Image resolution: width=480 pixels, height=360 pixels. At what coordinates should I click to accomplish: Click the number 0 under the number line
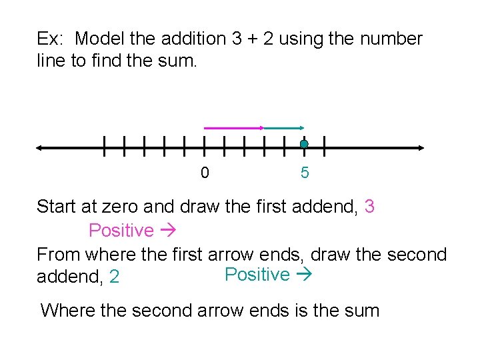pyautogui.click(x=205, y=173)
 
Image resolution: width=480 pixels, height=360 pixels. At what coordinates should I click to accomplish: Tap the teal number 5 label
pyautogui.click(x=305, y=173)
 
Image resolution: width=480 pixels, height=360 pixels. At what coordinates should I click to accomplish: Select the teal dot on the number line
pyautogui.click(x=304, y=144)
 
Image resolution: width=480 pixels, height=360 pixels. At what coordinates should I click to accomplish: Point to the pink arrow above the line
pyautogui.click(x=233, y=127)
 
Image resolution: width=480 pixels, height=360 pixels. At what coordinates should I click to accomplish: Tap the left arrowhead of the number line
pyautogui.click(x=41, y=148)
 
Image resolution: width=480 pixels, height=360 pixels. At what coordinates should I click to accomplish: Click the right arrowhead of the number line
pyautogui.click(x=420, y=148)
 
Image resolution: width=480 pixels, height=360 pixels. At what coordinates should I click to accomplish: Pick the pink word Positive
pyautogui.click(x=121, y=231)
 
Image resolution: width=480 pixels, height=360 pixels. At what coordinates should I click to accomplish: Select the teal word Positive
pyautogui.click(x=257, y=275)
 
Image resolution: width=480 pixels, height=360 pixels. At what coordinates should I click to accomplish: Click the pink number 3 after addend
pyautogui.click(x=369, y=207)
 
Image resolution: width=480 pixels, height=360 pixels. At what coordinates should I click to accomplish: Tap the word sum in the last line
pyautogui.click(x=360, y=310)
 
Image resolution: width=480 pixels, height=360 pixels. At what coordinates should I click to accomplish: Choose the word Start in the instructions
pyautogui.click(x=57, y=207)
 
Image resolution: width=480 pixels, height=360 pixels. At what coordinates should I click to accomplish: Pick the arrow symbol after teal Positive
pyautogui.click(x=303, y=275)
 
